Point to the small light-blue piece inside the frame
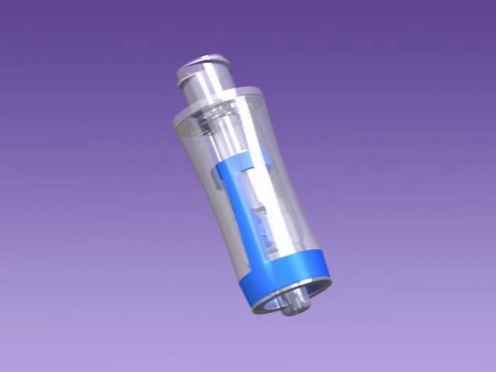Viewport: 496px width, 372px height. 259,215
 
